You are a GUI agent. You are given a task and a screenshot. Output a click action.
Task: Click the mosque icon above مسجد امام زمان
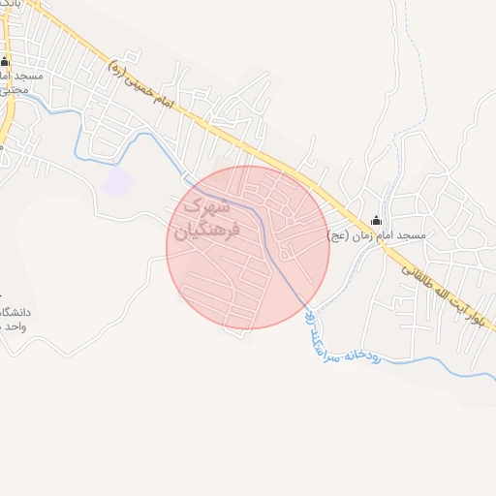[x=376, y=222]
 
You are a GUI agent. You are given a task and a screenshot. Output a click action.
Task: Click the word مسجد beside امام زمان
[x=410, y=235]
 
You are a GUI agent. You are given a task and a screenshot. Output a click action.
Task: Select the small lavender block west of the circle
[x=118, y=182]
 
